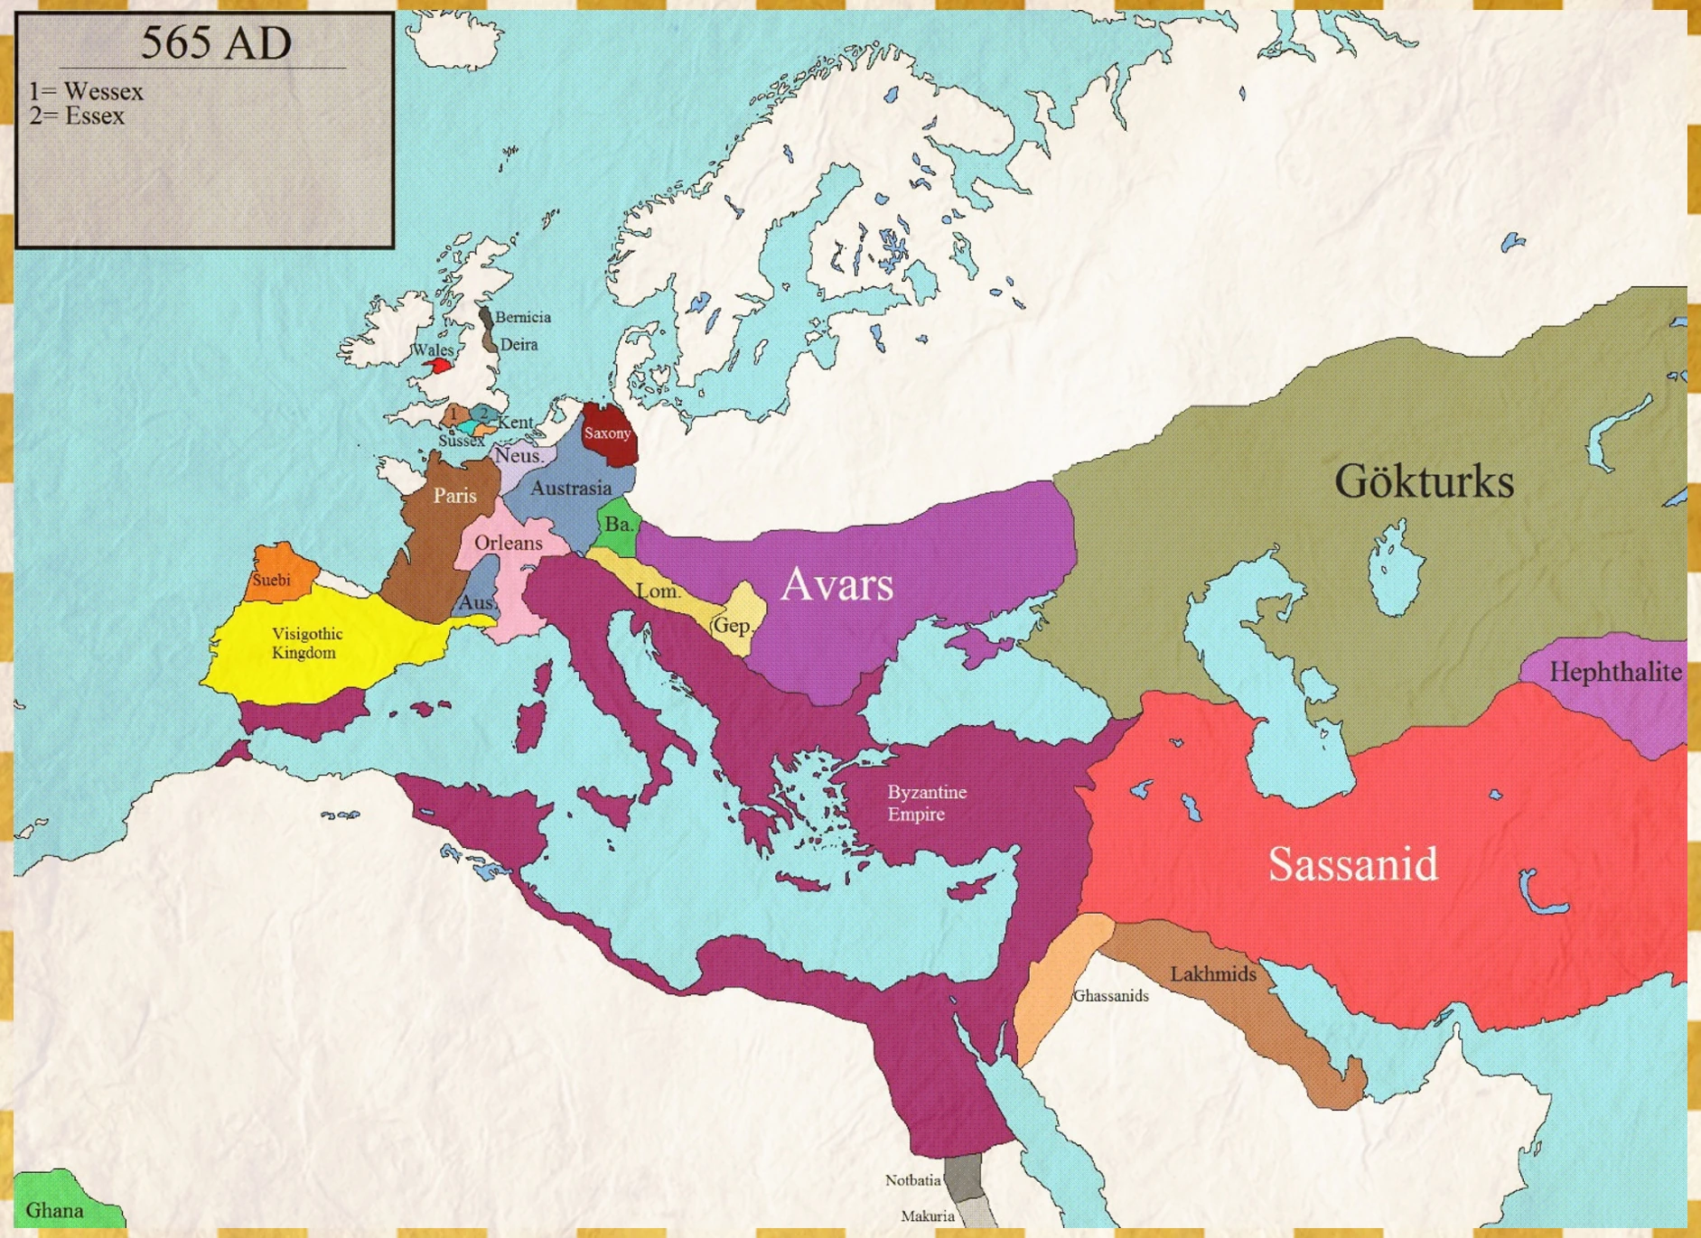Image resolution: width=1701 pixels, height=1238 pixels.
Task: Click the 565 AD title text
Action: [x=216, y=42]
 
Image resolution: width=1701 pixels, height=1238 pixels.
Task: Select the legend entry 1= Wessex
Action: [x=86, y=91]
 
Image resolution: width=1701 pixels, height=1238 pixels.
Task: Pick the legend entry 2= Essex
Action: [x=77, y=116]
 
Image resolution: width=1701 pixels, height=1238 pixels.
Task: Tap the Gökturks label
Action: [x=1424, y=481]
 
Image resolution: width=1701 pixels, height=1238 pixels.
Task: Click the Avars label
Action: [x=836, y=584]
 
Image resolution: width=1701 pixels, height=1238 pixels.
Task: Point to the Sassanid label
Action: [x=1352, y=864]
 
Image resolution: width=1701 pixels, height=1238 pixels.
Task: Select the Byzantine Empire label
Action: [x=926, y=803]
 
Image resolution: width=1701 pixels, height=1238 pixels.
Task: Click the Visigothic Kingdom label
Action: [x=306, y=643]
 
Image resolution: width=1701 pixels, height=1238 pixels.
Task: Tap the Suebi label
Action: [x=271, y=580]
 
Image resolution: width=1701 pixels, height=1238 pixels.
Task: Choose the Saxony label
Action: [x=607, y=433]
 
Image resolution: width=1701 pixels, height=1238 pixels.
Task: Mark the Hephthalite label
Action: [x=1615, y=672]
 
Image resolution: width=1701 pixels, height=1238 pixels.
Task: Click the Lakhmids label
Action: [x=1213, y=974]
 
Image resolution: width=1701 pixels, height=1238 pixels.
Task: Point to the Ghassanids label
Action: [x=1110, y=996]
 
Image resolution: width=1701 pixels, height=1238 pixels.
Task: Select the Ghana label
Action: [x=54, y=1211]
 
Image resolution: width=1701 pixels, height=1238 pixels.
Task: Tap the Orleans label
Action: [x=509, y=543]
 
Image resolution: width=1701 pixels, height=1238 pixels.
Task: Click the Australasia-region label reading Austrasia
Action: [x=571, y=489]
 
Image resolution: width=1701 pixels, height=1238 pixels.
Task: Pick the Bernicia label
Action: [x=523, y=317]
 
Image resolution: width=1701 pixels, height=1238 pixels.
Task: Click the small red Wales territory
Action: [x=440, y=366]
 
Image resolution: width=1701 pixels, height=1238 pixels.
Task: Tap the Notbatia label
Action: [x=913, y=1180]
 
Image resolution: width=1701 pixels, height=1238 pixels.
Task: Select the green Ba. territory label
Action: [x=619, y=524]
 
